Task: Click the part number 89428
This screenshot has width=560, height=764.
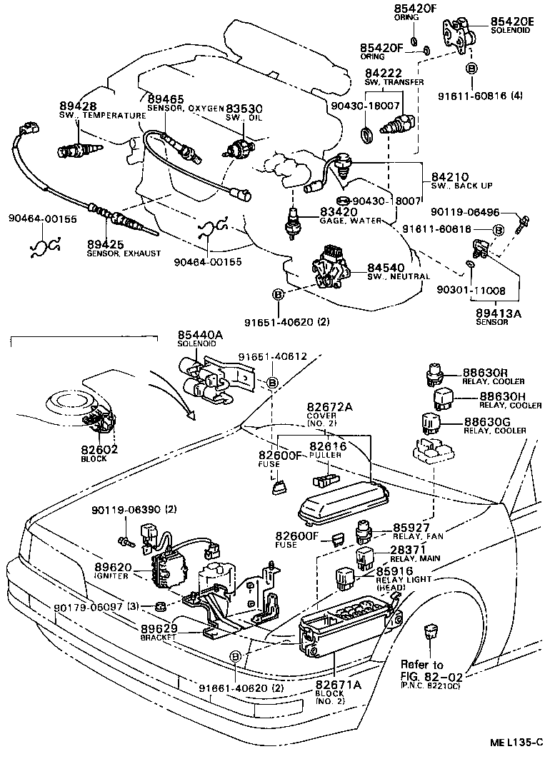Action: (74, 105)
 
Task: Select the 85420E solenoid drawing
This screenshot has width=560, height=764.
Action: (458, 35)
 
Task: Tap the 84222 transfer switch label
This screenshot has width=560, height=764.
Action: (384, 74)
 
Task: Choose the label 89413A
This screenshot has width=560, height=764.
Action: (492, 313)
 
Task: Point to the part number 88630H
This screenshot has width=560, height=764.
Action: (503, 396)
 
